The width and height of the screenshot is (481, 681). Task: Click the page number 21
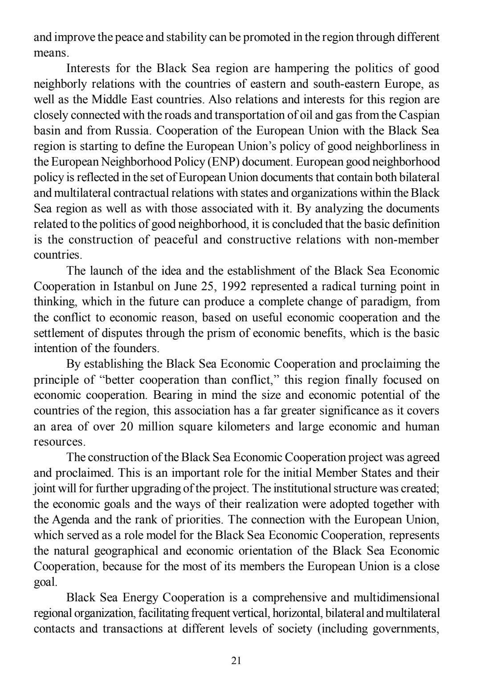(236, 661)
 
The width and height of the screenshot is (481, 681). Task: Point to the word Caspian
(419, 115)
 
